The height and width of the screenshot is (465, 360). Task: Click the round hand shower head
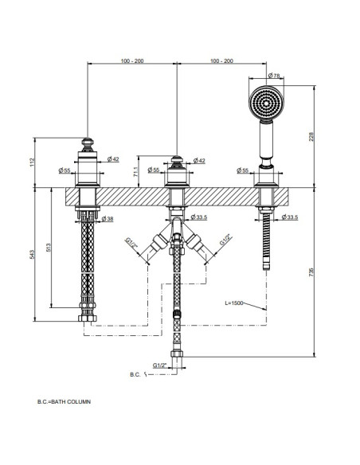tap(266, 103)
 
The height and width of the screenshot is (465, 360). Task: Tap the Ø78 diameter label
tap(274, 76)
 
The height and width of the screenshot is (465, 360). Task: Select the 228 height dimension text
tap(311, 137)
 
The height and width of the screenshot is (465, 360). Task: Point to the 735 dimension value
tap(311, 272)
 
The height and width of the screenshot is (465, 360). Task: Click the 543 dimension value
tap(32, 255)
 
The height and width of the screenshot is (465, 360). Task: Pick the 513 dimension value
tap(49, 248)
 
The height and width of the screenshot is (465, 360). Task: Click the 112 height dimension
tap(33, 162)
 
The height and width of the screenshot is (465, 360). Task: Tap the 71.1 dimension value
tap(136, 172)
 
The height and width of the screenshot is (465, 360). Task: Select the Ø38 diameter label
tap(108, 219)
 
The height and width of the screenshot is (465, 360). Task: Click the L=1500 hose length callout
tap(234, 303)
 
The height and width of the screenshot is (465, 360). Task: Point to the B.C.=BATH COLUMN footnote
tap(64, 402)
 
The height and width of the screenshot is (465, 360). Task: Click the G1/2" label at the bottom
tap(160, 365)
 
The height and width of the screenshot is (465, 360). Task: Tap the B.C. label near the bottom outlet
tap(135, 374)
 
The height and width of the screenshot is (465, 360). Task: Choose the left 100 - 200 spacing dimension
tap(132, 61)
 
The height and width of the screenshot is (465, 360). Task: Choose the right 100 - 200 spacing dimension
tap(221, 61)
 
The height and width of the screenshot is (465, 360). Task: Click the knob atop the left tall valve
tap(87, 144)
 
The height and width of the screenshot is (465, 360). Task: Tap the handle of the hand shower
tap(266, 141)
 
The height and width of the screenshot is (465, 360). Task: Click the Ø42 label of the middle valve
tap(199, 161)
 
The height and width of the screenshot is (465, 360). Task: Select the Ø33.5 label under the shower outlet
tap(290, 217)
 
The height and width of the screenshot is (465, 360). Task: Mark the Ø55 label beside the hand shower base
tap(243, 170)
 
